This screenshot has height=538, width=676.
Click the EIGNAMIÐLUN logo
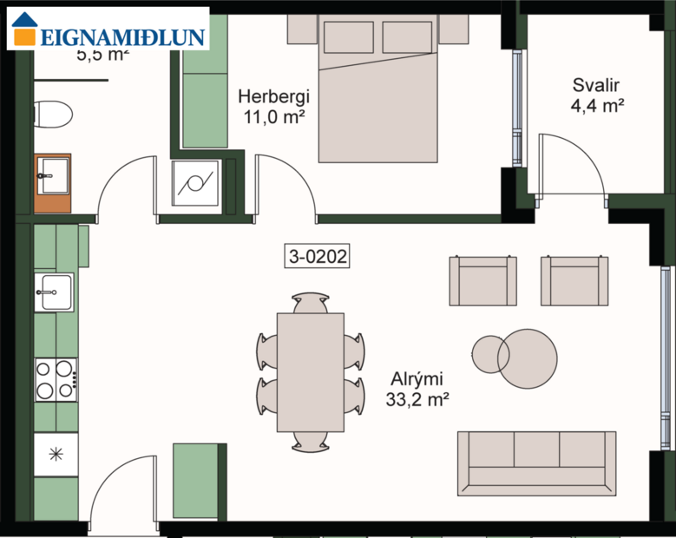108,30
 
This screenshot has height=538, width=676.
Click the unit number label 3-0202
317,256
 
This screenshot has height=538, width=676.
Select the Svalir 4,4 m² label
598,95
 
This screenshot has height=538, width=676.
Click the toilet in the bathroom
52,114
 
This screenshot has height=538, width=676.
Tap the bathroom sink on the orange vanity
52,176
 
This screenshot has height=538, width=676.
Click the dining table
310,372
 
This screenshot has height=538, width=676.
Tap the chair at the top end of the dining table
310,303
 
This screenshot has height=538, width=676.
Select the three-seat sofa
536,463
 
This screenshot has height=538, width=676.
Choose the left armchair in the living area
482,281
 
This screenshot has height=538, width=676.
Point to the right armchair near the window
574,281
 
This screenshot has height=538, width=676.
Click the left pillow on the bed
348,37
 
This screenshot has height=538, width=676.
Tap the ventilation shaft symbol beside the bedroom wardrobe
196,184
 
